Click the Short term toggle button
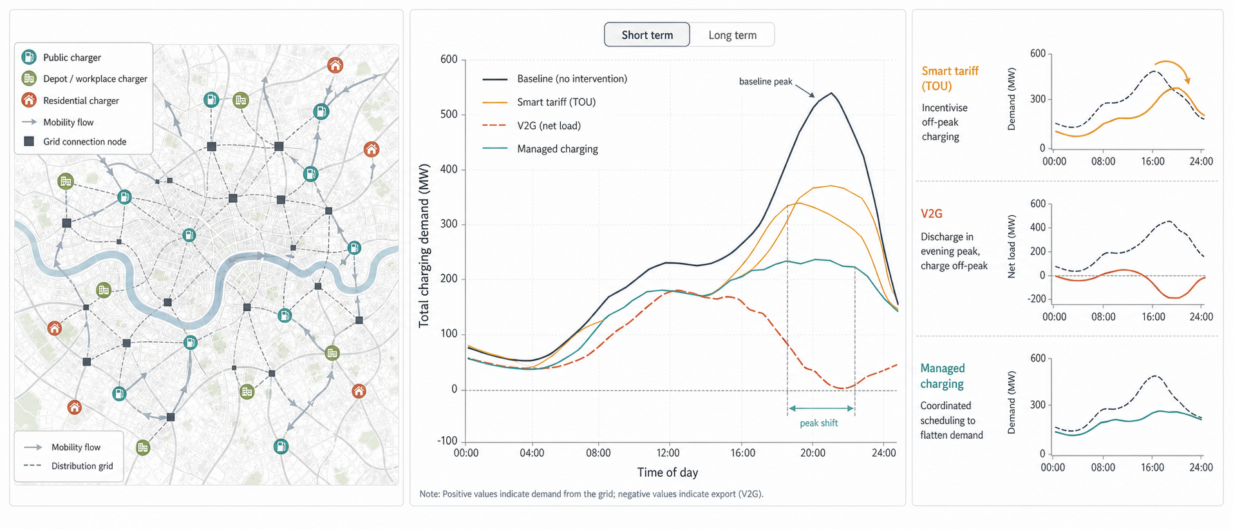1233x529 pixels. coord(647,35)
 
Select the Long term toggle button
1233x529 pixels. coord(733,35)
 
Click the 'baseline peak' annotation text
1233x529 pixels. coord(766,82)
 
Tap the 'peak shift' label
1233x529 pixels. coord(819,423)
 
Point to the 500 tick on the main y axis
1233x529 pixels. coord(449,115)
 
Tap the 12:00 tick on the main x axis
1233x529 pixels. coord(668,453)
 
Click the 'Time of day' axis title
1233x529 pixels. coord(668,472)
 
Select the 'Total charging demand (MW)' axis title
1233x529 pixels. coord(424,245)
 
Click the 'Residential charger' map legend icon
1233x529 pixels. coord(29,100)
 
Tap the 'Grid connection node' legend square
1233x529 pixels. coord(29,141)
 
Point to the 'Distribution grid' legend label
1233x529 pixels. coord(82,466)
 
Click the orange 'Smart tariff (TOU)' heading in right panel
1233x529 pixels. coord(950,79)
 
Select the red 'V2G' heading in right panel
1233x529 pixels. coord(932,213)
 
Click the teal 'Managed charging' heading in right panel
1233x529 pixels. coord(943,376)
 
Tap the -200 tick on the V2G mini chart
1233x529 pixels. coord(1037,299)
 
